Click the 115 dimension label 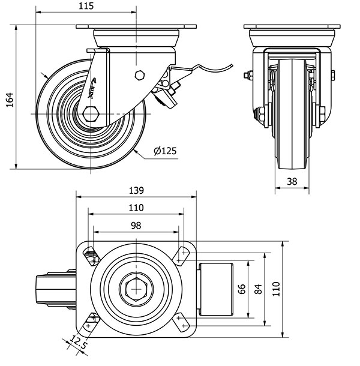pos(87,7)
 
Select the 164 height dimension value pos(9,97)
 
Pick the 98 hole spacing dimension pos(136,225)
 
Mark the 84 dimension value pos(258,289)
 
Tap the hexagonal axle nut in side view pos(92,114)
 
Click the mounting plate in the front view pos(292,27)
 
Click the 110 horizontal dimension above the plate pos(136,208)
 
